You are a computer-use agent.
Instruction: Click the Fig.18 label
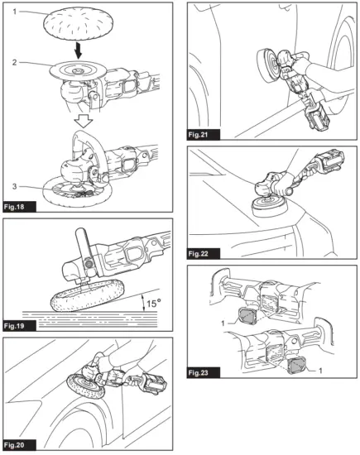(14, 207)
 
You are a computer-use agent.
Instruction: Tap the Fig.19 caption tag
(14, 326)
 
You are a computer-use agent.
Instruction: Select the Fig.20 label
(14, 445)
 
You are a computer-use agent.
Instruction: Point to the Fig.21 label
(198, 135)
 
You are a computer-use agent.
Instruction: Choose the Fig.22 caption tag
(198, 254)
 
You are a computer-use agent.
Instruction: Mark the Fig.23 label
(198, 372)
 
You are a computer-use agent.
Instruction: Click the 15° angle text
(154, 304)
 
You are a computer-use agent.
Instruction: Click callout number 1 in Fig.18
(15, 12)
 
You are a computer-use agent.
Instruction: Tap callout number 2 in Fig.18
(15, 62)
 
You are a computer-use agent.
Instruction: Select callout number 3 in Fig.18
(15, 186)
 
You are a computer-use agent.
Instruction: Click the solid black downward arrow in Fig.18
(78, 50)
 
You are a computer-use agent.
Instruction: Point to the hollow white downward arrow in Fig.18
(83, 121)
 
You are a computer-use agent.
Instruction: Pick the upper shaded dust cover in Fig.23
(247, 316)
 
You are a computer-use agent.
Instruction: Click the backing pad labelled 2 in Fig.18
(79, 70)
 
